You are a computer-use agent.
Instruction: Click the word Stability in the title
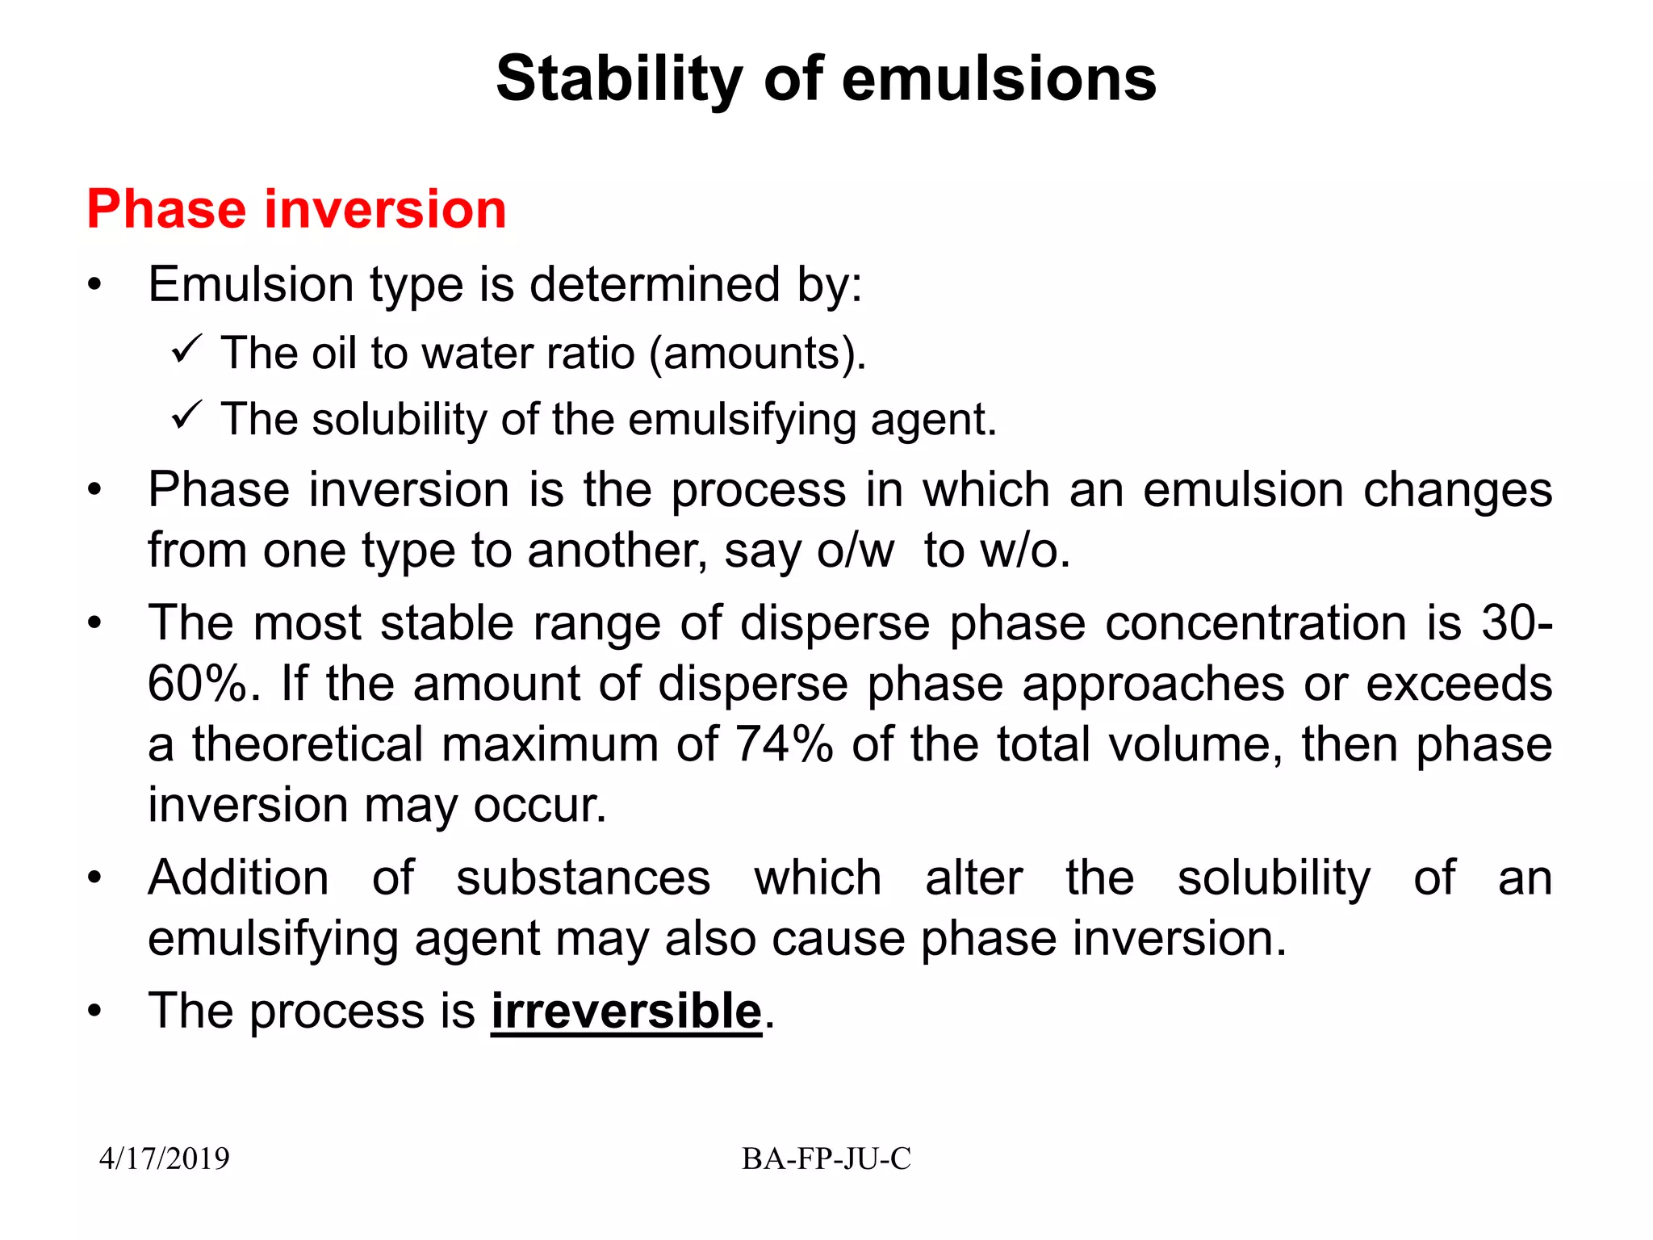click(618, 79)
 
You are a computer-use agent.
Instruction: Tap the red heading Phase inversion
click(296, 209)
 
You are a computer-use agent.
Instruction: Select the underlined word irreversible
click(626, 1011)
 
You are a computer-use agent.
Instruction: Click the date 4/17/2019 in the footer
click(164, 1158)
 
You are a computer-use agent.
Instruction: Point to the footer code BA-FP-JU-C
click(826, 1158)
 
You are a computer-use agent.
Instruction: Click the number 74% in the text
click(784, 744)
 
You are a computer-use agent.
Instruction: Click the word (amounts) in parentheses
click(757, 354)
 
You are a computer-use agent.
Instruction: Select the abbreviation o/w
click(856, 551)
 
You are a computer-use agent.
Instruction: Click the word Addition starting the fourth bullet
click(238, 878)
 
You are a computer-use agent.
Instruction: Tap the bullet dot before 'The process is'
click(95, 1012)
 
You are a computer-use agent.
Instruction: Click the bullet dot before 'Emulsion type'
click(95, 285)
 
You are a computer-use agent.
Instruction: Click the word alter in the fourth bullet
click(973, 878)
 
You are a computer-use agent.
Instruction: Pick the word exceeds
click(1458, 684)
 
